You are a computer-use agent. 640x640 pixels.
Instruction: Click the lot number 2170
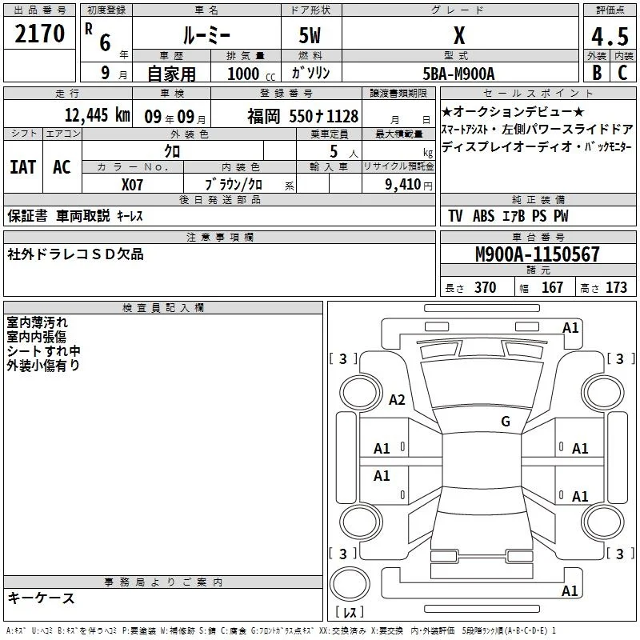coord(39,34)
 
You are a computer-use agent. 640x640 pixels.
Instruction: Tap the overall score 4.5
coord(610,36)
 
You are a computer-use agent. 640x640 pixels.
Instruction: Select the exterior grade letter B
coord(597,73)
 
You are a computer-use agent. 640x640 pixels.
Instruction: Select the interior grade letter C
coord(622,73)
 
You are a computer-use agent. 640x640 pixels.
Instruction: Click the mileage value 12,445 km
coord(98,115)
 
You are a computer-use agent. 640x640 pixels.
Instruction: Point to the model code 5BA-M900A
coord(458,74)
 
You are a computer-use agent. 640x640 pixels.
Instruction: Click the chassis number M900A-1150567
coord(537,254)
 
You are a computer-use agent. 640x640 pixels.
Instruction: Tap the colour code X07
coord(132,185)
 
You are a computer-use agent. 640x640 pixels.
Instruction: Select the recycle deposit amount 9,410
coord(403,185)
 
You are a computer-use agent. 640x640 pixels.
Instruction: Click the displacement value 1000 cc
coord(251,74)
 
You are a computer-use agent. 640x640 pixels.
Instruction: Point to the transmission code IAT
coord(23,167)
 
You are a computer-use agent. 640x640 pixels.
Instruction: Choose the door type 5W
coord(310,35)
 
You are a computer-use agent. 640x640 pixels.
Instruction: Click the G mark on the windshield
coord(506,422)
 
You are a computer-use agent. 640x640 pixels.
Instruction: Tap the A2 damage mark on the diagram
coord(397,399)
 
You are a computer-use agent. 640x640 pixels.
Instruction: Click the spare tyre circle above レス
coord(350,584)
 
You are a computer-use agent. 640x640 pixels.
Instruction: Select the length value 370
coord(486,287)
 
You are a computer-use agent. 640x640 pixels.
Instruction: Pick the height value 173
coord(616,287)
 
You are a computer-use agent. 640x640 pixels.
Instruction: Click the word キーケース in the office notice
coord(41,598)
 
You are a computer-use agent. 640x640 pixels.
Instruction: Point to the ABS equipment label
coord(484,216)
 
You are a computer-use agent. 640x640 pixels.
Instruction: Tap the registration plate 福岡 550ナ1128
coord(303,116)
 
